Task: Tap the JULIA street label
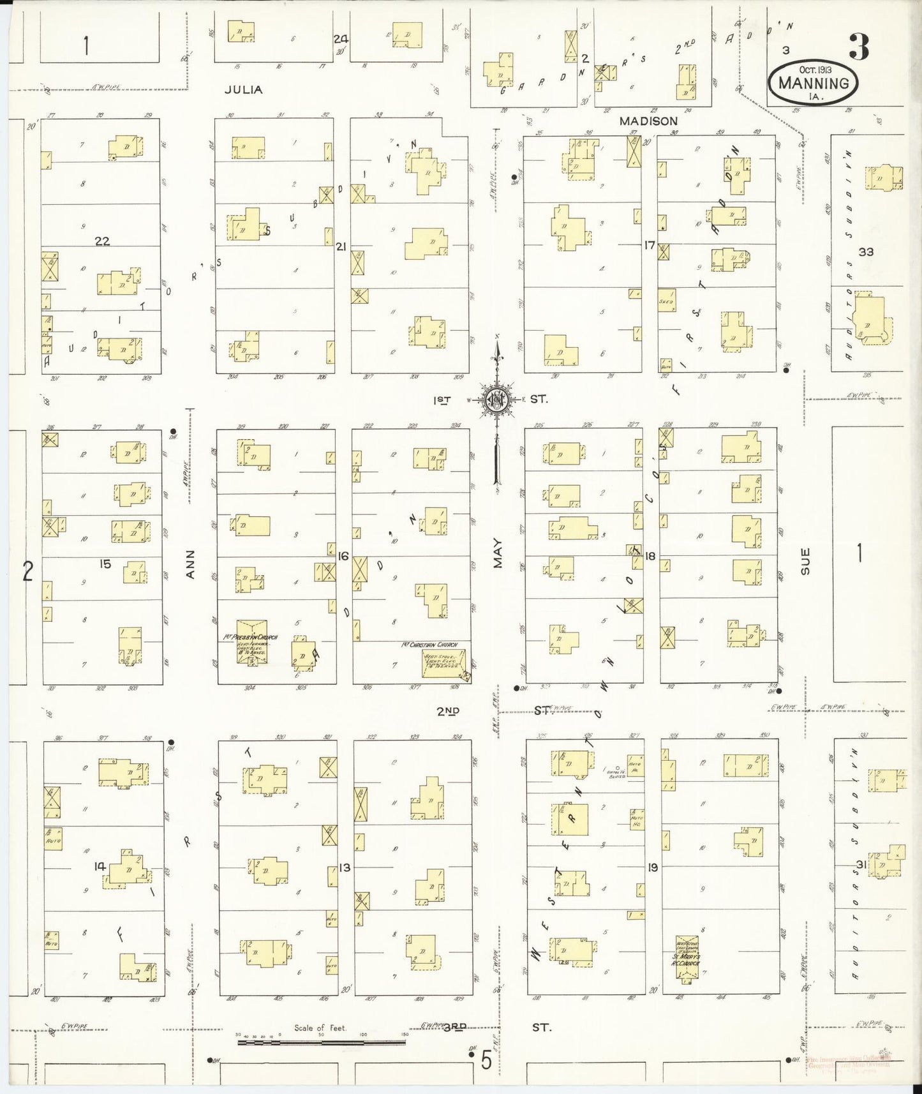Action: pyautogui.click(x=243, y=90)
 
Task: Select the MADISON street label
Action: pyautogui.click(x=648, y=121)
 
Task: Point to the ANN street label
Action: pyautogui.click(x=190, y=565)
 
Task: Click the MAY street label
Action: pyautogui.click(x=498, y=553)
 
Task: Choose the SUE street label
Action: pyautogui.click(x=805, y=561)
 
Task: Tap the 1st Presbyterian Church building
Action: pyautogui.click(x=252, y=641)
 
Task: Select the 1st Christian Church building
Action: pyautogui.click(x=445, y=663)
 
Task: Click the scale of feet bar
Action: pyautogui.click(x=321, y=1042)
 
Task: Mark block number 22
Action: pyautogui.click(x=102, y=241)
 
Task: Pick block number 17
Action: pyautogui.click(x=650, y=244)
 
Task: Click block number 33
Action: pyautogui.click(x=865, y=251)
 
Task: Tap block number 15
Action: pyautogui.click(x=105, y=564)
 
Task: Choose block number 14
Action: pyautogui.click(x=99, y=866)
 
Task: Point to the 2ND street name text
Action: pyautogui.click(x=449, y=710)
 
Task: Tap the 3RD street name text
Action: pyautogui.click(x=455, y=1026)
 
